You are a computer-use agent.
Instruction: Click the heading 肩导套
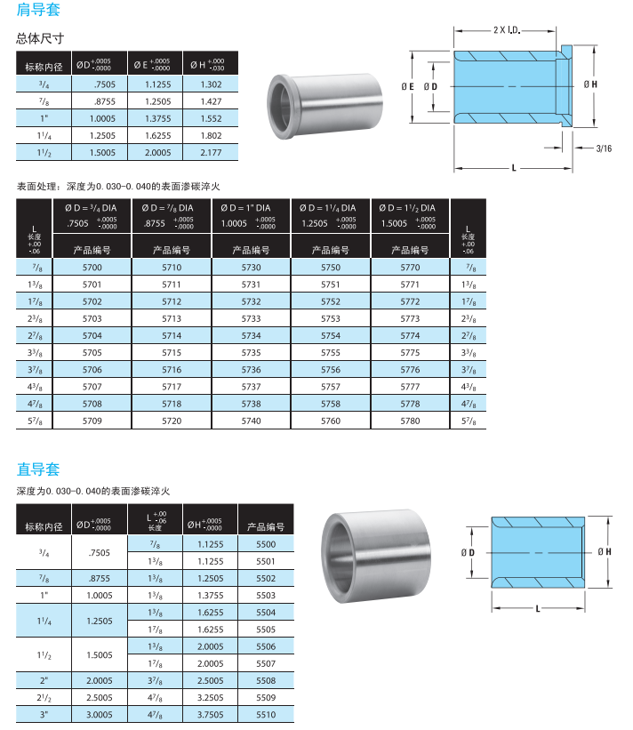38,9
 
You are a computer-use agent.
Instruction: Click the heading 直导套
38,469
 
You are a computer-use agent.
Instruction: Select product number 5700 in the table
92,268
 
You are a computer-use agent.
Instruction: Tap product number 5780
410,421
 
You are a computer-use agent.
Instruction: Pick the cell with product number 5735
251,352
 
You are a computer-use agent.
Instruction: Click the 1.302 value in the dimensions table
211,84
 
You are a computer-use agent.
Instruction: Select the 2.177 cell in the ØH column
211,152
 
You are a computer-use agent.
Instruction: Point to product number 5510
266,714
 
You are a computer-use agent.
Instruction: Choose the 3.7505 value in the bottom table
211,714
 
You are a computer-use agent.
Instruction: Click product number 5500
266,544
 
